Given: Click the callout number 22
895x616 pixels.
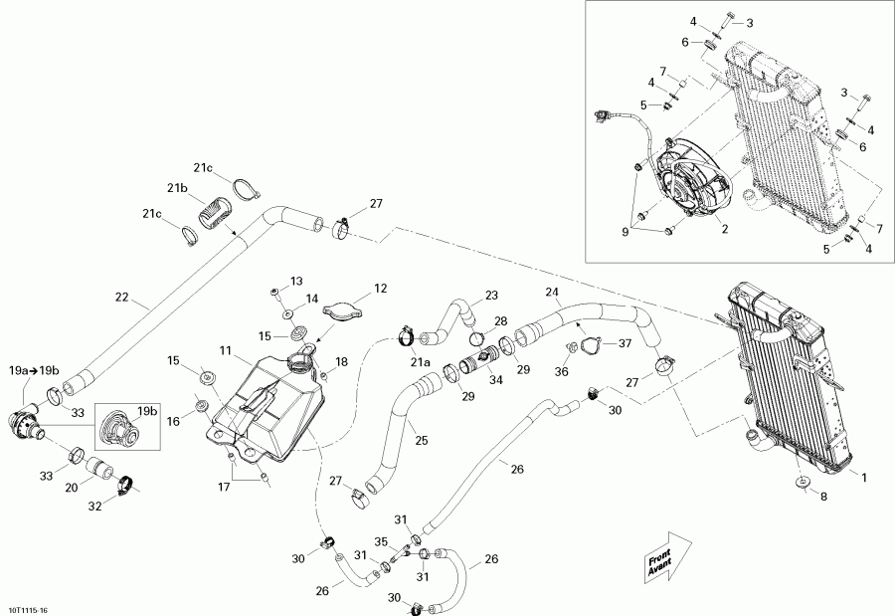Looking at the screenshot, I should pyautogui.click(x=121, y=297).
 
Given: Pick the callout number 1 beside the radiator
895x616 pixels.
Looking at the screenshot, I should pyautogui.click(x=864, y=478).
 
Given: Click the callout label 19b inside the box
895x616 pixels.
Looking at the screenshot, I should pyautogui.click(x=147, y=410).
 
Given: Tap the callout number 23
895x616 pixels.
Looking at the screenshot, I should pyautogui.click(x=491, y=295).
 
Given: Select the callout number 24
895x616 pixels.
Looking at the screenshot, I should pyautogui.click(x=552, y=292).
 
